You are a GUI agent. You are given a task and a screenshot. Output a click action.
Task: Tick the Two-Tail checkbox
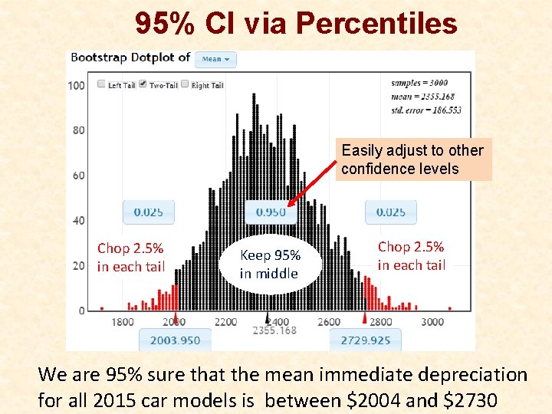(143, 84)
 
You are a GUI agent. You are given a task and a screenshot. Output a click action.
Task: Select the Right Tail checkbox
(185, 84)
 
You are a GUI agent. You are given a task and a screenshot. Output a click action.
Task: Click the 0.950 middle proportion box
(271, 212)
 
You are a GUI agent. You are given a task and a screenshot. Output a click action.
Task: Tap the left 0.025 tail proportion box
(148, 212)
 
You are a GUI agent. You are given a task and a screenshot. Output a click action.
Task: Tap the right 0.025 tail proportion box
(390, 212)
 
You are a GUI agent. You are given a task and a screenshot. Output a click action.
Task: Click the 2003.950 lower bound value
(175, 340)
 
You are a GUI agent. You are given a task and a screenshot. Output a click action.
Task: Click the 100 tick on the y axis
(77, 85)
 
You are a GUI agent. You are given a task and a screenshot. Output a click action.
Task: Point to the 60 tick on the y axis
(79, 176)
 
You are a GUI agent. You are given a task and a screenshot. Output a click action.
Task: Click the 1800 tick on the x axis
(122, 322)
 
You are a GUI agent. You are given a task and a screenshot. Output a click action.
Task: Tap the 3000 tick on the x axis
(432, 322)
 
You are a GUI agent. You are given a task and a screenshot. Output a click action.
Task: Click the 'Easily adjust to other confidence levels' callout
(412, 159)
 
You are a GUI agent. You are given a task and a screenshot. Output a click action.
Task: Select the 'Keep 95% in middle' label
(269, 264)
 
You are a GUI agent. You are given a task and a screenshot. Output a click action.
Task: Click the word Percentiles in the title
(376, 25)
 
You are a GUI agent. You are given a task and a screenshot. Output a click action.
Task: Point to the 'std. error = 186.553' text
(426, 110)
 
